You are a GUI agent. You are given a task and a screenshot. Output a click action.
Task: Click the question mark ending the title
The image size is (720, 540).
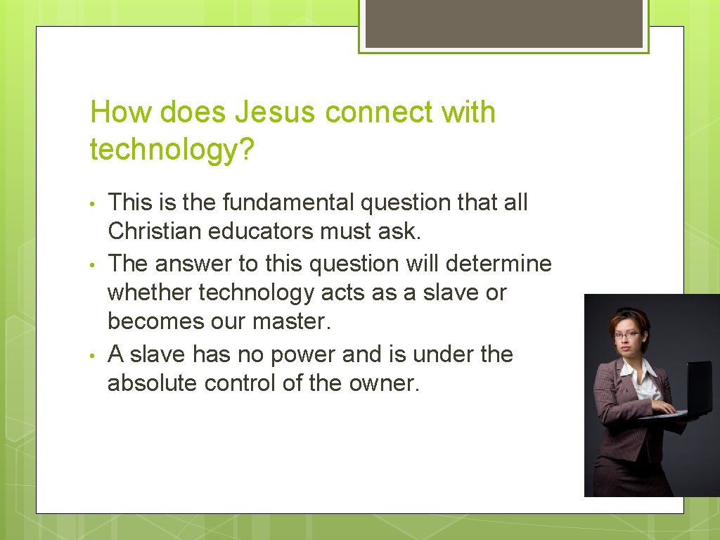pos(245,149)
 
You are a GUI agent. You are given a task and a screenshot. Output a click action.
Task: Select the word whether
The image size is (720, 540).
pos(149,292)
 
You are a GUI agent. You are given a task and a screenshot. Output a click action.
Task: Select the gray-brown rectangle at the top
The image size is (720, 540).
pos(503,23)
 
